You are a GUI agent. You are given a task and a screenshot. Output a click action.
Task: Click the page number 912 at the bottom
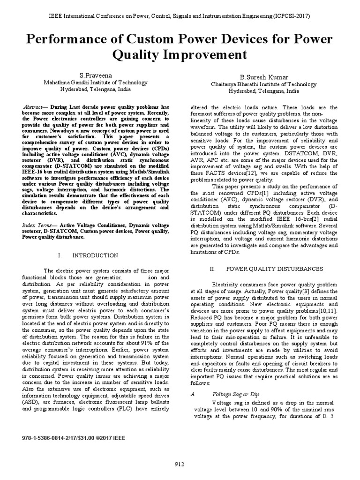[180, 464]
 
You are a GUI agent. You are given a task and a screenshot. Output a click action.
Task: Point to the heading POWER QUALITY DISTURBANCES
[275, 269]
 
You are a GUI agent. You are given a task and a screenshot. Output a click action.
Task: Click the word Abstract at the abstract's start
[34, 107]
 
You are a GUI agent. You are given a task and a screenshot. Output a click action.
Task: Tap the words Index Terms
[37, 225]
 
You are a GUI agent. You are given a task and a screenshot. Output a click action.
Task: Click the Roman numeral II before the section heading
[212, 269]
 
